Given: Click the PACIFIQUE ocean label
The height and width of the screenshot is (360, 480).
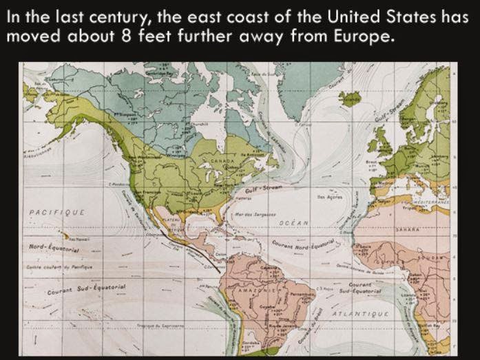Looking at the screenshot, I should tap(56, 212).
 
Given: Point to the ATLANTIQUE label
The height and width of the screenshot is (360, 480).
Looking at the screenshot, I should tap(362, 313).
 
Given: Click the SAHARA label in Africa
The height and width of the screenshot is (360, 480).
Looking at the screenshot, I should tap(408, 229).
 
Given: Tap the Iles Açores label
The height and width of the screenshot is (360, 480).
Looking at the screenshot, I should tap(324, 196).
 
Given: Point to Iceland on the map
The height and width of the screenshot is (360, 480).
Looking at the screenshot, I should tap(350, 100).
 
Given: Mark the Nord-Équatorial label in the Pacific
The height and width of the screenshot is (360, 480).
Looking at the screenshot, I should tap(54, 246).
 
